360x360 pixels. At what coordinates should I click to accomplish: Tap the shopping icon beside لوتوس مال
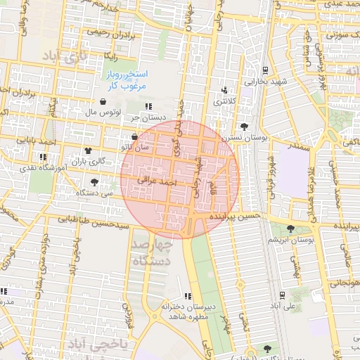coord(103,101)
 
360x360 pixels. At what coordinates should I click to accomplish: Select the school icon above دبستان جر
coord(147,105)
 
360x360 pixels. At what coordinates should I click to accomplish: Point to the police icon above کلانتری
coord(224,90)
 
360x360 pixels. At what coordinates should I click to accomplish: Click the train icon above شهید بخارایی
coord(265,70)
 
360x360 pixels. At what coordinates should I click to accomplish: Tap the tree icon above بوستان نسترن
coord(244,126)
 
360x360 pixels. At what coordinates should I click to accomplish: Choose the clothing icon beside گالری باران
coord(88,150)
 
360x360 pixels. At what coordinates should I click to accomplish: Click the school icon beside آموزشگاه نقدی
coord(43,157)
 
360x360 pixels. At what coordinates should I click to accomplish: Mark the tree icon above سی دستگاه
coord(94,182)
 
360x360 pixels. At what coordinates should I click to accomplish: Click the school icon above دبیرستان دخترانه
coord(187,296)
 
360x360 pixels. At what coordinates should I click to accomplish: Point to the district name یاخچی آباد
coord(99,343)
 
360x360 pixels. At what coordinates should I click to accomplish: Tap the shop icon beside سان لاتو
coord(134,136)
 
